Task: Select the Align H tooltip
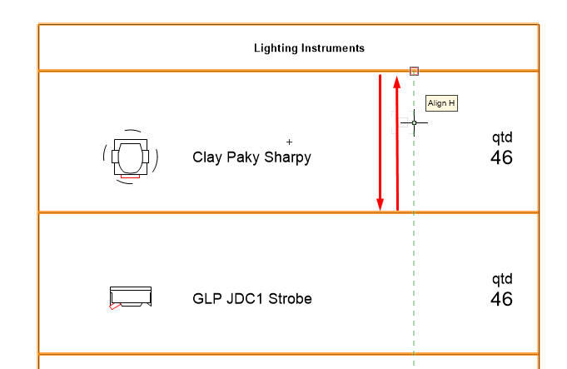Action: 441,103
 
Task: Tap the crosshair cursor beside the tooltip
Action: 414,122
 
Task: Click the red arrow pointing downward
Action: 380,142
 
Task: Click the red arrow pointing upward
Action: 397,142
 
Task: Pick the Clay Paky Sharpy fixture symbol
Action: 130,156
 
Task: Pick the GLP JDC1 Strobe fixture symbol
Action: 130,297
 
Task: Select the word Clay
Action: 208,157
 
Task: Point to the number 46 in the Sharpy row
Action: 501,157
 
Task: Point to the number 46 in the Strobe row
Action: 501,299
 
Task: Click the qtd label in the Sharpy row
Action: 502,138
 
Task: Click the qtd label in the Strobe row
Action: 502,279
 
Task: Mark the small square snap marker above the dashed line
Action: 414,72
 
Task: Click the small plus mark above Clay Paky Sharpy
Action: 290,142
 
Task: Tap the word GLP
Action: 206,298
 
